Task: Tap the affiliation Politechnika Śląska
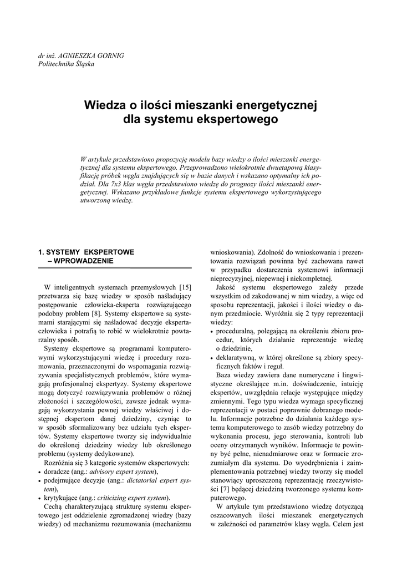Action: tap(66, 64)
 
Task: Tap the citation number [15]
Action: tap(185, 287)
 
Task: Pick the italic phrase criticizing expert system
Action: tap(133, 498)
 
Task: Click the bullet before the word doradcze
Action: tap(40, 472)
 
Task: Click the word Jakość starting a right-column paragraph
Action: tap(228, 287)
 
